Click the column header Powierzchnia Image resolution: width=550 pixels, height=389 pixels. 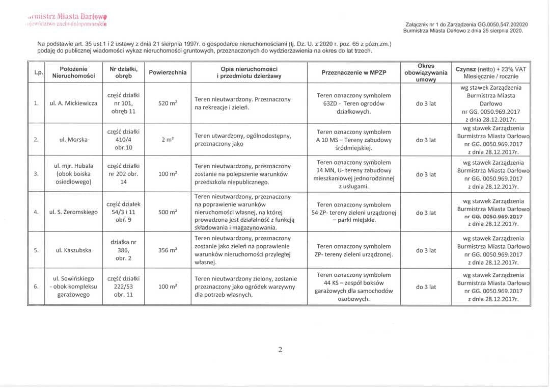(x=167, y=72)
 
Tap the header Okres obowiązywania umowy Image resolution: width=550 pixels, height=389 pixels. (x=425, y=72)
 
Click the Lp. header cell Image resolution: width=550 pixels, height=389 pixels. (x=37, y=72)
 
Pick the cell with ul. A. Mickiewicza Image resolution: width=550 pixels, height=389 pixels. (x=73, y=103)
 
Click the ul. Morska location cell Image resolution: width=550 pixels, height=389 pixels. (x=73, y=140)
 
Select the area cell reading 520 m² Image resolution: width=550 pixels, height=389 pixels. (x=167, y=103)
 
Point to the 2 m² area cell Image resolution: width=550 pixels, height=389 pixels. (x=167, y=140)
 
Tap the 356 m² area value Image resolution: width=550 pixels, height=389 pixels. (x=167, y=250)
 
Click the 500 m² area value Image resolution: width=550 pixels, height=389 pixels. (x=167, y=213)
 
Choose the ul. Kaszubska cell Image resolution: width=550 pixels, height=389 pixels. (x=73, y=250)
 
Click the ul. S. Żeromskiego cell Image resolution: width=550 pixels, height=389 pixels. (x=73, y=213)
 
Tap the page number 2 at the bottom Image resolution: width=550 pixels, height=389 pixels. (x=280, y=349)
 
